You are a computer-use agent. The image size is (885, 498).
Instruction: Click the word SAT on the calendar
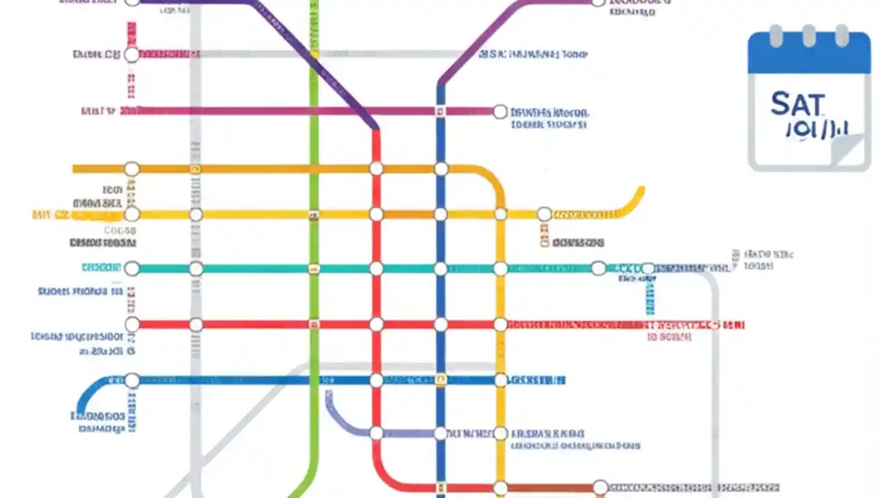pyautogui.click(x=797, y=105)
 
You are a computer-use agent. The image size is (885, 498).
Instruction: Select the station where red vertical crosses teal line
pyautogui.click(x=376, y=268)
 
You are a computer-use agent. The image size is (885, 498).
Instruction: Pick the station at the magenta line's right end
pyautogui.click(x=500, y=111)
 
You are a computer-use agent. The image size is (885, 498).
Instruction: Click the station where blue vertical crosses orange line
pyautogui.click(x=441, y=169)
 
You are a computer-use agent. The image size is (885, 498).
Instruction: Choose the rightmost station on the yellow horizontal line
pyautogui.click(x=544, y=214)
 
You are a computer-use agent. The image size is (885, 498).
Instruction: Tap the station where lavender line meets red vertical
pyautogui.click(x=376, y=434)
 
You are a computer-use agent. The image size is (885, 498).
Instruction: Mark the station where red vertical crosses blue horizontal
pyautogui.click(x=376, y=380)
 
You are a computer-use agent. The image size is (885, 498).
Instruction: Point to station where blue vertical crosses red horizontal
pyautogui.click(x=441, y=324)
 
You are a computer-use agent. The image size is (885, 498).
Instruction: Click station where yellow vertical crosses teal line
pyautogui.click(x=500, y=268)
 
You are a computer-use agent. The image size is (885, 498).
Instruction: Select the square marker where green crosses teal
pyautogui.click(x=314, y=268)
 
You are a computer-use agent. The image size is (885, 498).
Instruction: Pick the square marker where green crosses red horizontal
pyautogui.click(x=314, y=324)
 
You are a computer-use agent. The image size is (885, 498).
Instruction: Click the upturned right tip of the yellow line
pyautogui.click(x=641, y=190)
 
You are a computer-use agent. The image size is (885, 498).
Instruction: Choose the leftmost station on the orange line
pyautogui.click(x=131, y=169)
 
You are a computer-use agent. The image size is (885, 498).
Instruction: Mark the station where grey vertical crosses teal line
pyautogui.click(x=196, y=268)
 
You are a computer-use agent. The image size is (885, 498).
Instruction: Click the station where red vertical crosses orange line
pyautogui.click(x=376, y=169)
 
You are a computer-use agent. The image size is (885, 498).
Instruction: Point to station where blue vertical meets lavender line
pyautogui.click(x=441, y=434)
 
